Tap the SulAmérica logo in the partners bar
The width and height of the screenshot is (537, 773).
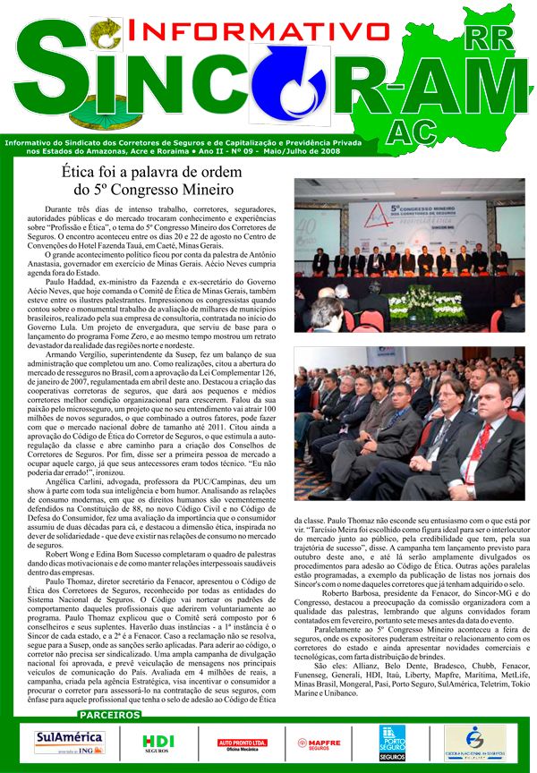tap(69, 741)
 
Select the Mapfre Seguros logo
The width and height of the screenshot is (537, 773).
tap(320, 743)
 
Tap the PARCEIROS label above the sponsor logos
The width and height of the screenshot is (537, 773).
tap(108, 716)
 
